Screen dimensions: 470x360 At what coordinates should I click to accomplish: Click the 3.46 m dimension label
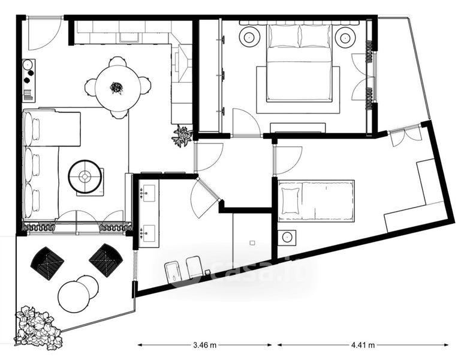pyautogui.click(x=205, y=345)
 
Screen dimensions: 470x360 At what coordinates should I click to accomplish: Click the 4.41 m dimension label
pyautogui.click(x=363, y=345)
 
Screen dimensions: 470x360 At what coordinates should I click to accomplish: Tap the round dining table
pyautogui.click(x=117, y=88)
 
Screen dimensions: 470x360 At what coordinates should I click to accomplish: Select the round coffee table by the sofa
pyautogui.click(x=85, y=176)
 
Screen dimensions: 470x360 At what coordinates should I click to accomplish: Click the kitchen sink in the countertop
pyautogui.click(x=129, y=37)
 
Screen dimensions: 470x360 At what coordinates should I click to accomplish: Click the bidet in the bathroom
pyautogui.click(x=173, y=271)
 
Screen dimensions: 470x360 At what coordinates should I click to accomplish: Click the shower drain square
pyautogui.click(x=252, y=242)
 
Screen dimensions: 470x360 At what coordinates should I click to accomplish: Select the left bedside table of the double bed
pyautogui.click(x=249, y=37)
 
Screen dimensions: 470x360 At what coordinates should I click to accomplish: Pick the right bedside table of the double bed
pyautogui.click(x=345, y=38)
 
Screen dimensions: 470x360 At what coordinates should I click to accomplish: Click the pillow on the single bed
pyautogui.click(x=290, y=200)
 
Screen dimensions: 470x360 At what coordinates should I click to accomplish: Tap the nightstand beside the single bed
pyautogui.click(x=287, y=238)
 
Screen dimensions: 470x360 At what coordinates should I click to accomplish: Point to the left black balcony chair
pyautogui.click(x=47, y=263)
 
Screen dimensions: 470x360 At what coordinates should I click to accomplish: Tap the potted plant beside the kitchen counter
pyautogui.click(x=182, y=137)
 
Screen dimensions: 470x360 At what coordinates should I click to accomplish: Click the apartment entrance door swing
pyautogui.click(x=45, y=34)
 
